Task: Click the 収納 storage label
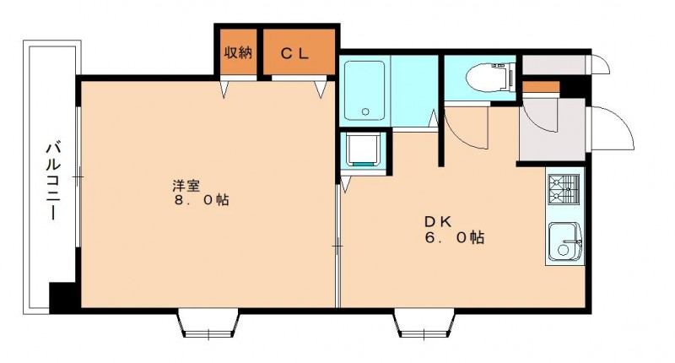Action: (x=238, y=53)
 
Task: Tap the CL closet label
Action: (x=294, y=53)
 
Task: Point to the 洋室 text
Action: (x=186, y=186)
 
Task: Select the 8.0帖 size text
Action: (x=202, y=200)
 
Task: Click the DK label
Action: (x=438, y=222)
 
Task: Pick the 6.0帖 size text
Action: (x=455, y=238)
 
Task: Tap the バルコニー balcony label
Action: (x=53, y=181)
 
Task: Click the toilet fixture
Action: (x=490, y=78)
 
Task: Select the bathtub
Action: (x=364, y=90)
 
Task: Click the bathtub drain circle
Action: (x=365, y=112)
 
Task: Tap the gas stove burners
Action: (x=564, y=189)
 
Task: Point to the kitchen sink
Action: (x=564, y=242)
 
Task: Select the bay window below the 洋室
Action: (x=208, y=323)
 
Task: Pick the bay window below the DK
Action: (x=424, y=323)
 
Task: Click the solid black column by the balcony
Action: (x=65, y=297)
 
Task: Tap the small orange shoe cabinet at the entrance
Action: (x=541, y=87)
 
